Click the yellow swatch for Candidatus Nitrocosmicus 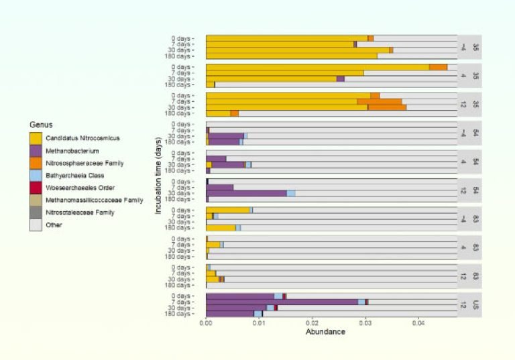pyautogui.click(x=36, y=137)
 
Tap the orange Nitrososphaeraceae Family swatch pyautogui.click(x=36, y=163)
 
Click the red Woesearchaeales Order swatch pyautogui.click(x=36, y=188)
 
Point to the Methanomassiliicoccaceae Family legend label pyautogui.click(x=94, y=200)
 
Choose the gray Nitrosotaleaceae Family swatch pyautogui.click(x=36, y=213)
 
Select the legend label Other pyautogui.click(x=54, y=225)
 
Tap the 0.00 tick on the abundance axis pyautogui.click(x=206, y=323)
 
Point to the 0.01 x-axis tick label pyautogui.click(x=259, y=323)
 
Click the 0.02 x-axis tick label pyautogui.click(x=312, y=323)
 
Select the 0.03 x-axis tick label pyautogui.click(x=365, y=323)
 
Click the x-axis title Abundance pyautogui.click(x=325, y=332)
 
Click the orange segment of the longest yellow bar pyautogui.click(x=438, y=67)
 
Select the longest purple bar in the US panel pyautogui.click(x=282, y=302)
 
